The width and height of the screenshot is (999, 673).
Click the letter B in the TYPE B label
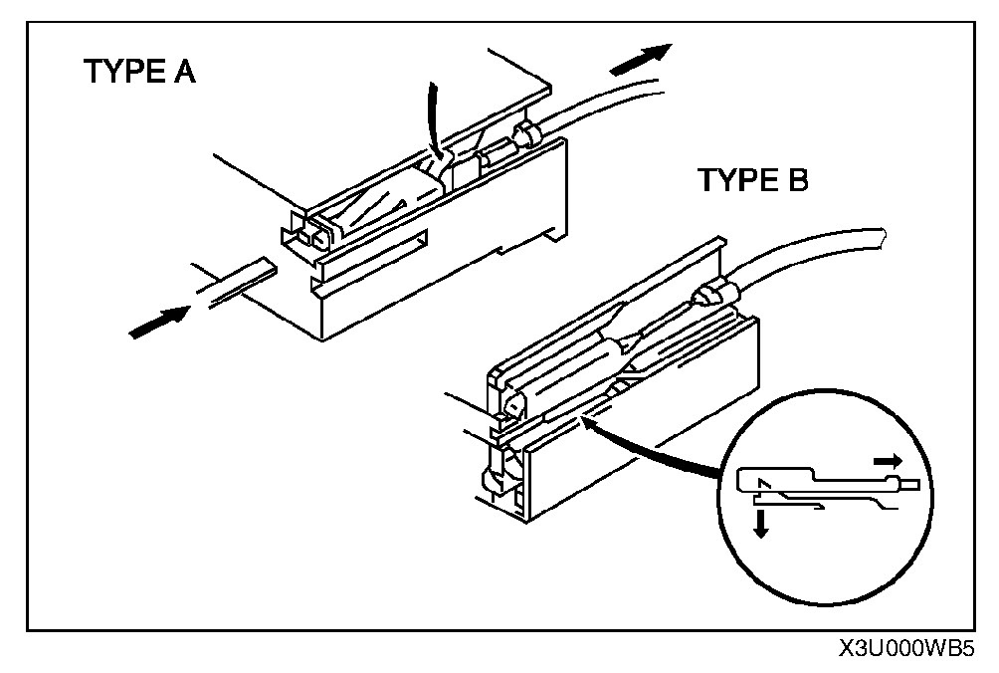793,180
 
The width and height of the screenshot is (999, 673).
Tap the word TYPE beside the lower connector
734,180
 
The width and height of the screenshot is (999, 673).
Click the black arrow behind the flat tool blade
158,321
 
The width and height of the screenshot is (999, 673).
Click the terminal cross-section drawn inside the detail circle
826,488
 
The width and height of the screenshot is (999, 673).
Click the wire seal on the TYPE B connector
714,296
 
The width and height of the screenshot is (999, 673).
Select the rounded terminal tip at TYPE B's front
511,405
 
